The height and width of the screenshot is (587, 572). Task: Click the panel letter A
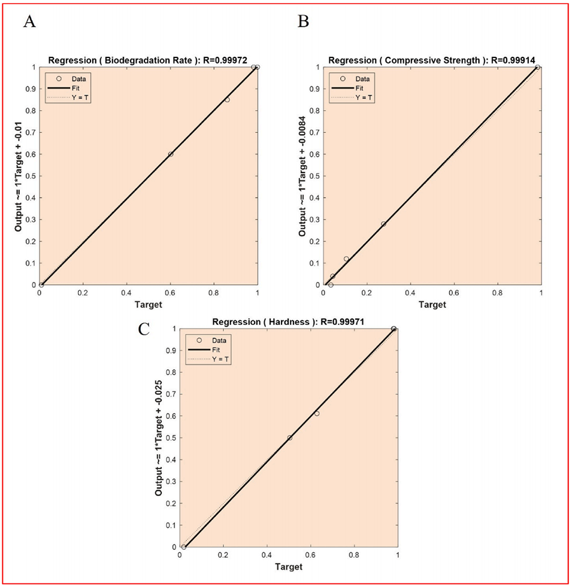[x=30, y=22]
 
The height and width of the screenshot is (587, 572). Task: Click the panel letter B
[x=304, y=22]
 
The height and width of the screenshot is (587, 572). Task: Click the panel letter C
[x=144, y=330]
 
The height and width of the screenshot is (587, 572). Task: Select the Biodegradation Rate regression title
[x=147, y=60]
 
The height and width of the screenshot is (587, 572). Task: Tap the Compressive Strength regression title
[x=432, y=60]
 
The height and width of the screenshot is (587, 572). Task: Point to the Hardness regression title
[x=288, y=322]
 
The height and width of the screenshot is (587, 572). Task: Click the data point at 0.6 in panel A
[x=171, y=154]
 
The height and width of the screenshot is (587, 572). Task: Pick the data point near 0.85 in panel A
[x=227, y=99]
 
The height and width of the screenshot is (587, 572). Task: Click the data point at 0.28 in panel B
[x=383, y=224]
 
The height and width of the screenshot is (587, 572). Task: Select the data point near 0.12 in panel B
[x=346, y=258]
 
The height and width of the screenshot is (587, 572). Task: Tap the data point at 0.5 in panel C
[x=290, y=437]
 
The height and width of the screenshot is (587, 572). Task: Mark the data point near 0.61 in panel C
[x=317, y=413]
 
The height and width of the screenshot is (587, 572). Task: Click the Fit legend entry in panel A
[x=67, y=88]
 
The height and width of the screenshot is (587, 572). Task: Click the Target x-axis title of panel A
[x=149, y=304]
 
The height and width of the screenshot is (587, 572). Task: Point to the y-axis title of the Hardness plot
[x=159, y=437]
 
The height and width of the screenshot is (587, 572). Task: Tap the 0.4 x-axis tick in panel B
[x=410, y=294]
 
